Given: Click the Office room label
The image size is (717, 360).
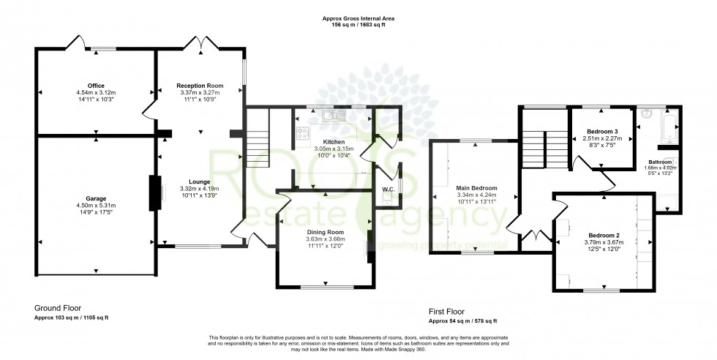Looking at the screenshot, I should (x=95, y=86).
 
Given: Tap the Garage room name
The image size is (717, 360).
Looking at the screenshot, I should (x=95, y=198).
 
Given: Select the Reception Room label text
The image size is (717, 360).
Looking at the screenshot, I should (x=200, y=86).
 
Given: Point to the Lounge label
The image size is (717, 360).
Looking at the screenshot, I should (x=200, y=181).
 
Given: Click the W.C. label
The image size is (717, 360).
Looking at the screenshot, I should (x=388, y=190).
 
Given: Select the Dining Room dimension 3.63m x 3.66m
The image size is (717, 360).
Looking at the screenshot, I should (x=325, y=239).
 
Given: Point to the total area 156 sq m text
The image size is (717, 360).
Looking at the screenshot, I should (x=358, y=25).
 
